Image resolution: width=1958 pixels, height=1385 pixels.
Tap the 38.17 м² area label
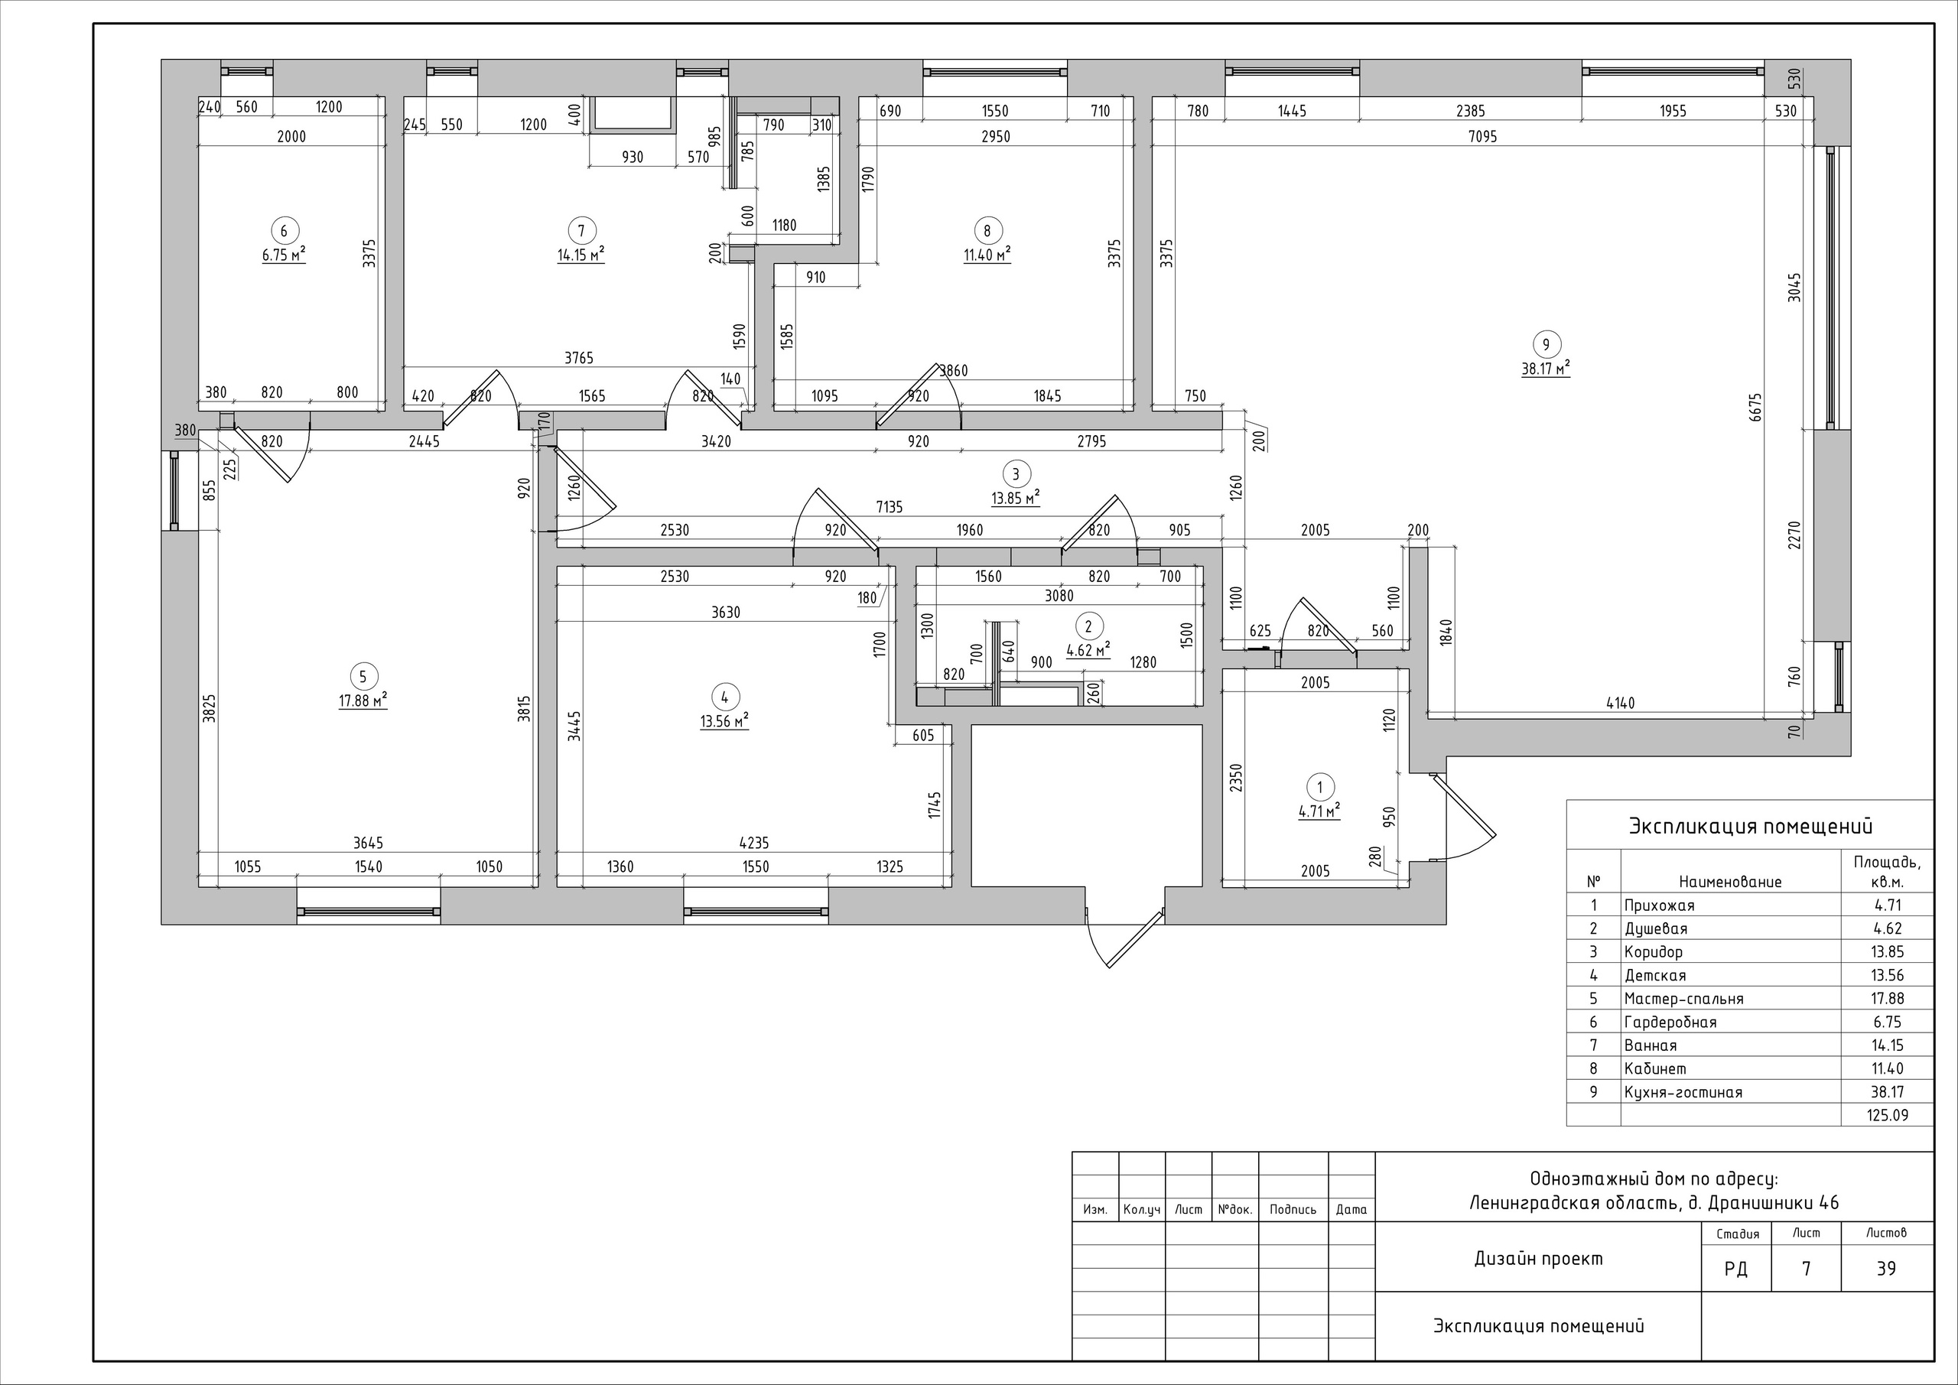(1546, 369)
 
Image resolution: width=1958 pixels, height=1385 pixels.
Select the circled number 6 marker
(284, 230)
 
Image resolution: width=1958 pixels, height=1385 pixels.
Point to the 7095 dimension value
(1483, 136)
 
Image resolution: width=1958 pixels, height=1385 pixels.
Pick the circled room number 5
(363, 676)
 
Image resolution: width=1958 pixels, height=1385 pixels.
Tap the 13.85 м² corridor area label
(1015, 497)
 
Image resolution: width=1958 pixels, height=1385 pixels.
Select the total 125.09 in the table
(1887, 1114)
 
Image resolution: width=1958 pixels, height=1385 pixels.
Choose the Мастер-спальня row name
(1684, 999)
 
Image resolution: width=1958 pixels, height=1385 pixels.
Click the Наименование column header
(1730, 882)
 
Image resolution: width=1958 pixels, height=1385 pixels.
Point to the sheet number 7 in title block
(1807, 1269)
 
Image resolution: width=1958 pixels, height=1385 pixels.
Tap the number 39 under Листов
(1886, 1269)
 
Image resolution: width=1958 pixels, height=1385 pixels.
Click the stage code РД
(1735, 1269)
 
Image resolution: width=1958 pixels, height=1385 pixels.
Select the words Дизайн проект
(1538, 1259)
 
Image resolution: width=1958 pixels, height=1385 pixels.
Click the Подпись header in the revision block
(1293, 1209)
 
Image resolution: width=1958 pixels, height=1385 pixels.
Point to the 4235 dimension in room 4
(754, 844)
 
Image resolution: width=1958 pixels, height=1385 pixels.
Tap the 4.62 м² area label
(1088, 650)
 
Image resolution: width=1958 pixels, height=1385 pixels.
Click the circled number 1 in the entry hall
(1320, 787)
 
